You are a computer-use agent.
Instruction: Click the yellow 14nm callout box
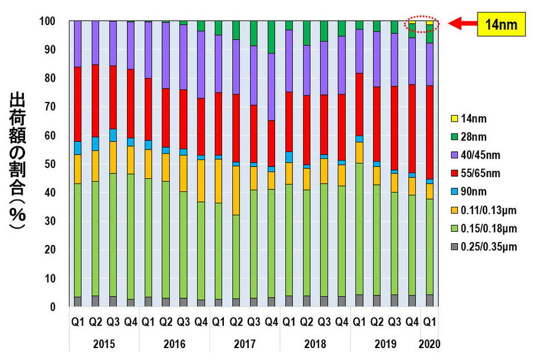501,24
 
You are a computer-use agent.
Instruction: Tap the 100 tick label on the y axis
47,21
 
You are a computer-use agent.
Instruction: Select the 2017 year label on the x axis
245,345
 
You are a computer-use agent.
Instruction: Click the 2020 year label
429,345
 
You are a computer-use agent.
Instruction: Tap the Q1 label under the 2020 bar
429,322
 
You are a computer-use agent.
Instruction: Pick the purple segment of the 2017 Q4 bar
271,86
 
